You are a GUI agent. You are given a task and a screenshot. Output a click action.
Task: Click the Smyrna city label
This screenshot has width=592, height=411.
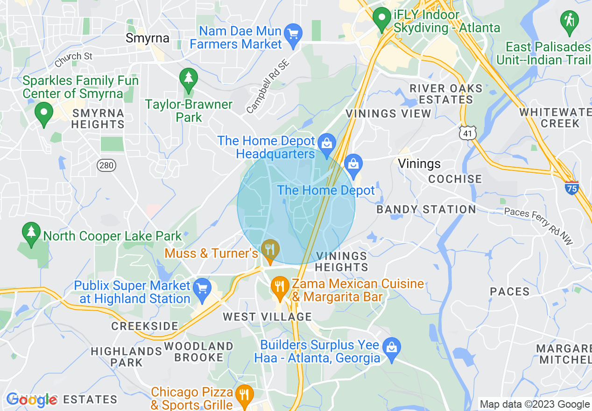(148, 38)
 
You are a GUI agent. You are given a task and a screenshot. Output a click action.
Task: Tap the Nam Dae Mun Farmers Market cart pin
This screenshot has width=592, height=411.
(294, 35)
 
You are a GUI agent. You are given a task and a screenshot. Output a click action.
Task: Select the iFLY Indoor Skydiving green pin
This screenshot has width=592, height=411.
(382, 19)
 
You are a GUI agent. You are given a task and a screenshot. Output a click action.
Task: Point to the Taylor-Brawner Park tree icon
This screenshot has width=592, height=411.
(188, 79)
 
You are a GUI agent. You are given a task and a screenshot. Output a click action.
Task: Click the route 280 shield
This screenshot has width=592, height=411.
(106, 165)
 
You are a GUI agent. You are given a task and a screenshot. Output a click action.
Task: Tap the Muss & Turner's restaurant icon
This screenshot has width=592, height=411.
(269, 249)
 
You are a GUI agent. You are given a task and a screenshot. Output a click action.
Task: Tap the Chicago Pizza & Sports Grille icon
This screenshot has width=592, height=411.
(244, 395)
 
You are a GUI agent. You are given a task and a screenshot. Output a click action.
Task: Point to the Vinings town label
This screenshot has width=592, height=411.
(419, 163)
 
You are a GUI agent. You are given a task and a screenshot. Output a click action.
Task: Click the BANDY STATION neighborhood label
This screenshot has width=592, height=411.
(426, 209)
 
